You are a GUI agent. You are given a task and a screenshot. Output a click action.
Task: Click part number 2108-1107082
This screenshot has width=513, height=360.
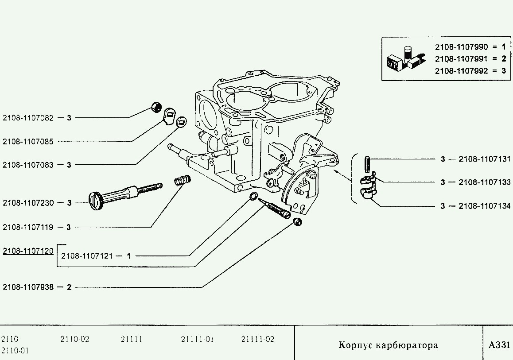point(28,118)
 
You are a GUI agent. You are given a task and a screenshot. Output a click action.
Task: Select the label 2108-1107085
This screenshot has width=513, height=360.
point(28,142)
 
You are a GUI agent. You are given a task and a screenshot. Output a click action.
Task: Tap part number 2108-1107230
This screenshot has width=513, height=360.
point(28,203)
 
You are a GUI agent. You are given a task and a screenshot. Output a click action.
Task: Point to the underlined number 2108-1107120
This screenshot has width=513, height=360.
point(28,251)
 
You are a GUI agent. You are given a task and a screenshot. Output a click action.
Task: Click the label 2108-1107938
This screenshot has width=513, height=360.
point(28,287)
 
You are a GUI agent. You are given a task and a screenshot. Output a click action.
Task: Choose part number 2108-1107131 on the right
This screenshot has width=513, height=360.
point(484,159)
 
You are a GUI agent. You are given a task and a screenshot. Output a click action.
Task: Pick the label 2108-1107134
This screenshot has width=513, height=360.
point(484,206)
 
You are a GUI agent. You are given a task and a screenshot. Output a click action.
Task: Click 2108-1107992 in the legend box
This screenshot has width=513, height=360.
point(461,70)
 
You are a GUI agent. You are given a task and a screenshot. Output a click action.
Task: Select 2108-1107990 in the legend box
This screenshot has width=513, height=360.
point(461,46)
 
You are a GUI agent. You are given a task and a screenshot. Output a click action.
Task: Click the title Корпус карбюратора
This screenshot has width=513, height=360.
point(388,345)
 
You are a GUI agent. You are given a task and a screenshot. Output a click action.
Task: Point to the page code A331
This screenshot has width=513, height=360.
point(499,345)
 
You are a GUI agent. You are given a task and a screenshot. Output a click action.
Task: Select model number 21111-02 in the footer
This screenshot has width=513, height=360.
point(258,339)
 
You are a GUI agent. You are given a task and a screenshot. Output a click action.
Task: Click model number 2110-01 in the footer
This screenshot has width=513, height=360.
point(15,351)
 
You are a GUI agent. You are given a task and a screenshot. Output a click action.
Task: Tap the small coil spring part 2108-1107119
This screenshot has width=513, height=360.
point(182,181)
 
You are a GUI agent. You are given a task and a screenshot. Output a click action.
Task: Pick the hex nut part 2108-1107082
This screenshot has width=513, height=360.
point(156,107)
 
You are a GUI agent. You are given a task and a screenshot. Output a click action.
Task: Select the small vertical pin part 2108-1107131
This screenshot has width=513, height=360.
point(367,164)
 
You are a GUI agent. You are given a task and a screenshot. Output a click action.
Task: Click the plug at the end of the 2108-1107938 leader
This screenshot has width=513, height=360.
point(298,222)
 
